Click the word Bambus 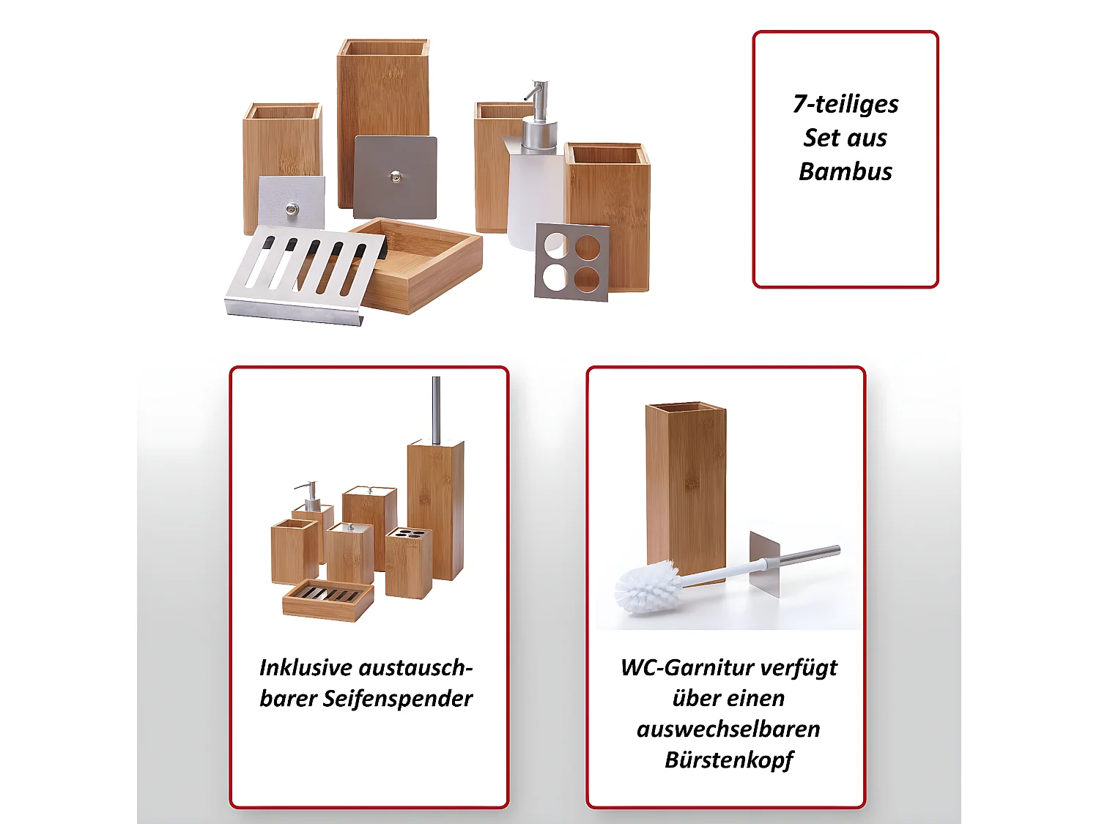pos(845,171)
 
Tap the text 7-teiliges pos(845,104)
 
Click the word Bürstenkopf pos(728,760)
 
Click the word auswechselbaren pos(728,730)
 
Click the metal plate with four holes pos(572,262)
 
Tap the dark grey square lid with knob pos(396,177)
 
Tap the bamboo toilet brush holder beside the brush pos(686,483)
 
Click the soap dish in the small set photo pos(328,599)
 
